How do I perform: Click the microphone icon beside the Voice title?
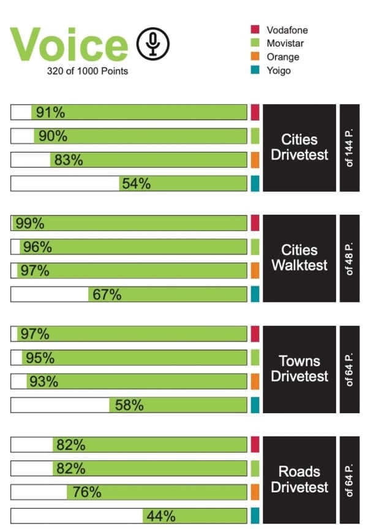[152, 44]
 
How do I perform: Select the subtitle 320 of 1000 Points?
[88, 70]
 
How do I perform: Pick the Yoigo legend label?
[279, 70]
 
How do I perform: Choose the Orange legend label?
[283, 57]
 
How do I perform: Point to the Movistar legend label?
[285, 43]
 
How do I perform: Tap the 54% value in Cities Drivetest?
[136, 183]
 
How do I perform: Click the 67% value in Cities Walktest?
[107, 295]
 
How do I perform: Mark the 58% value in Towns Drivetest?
[129, 405]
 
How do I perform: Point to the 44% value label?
[161, 516]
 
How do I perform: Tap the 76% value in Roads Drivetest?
[86, 492]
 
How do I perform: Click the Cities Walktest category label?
[299, 258]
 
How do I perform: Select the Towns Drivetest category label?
[299, 368]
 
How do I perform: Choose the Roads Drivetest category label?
[299, 479]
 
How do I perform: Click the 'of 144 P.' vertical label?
[350, 148]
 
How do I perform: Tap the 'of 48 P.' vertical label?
[350, 258]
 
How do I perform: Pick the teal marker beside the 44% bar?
[255, 516]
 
